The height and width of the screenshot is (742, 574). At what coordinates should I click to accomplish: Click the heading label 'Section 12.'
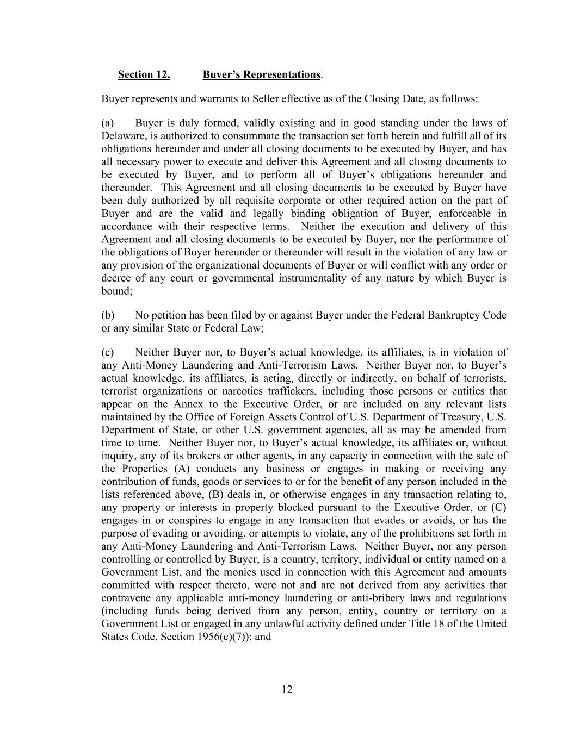coord(144,74)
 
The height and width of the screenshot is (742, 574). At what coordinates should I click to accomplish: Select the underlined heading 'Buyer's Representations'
coord(261,74)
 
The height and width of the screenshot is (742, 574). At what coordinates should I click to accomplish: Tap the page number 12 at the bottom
coord(287,689)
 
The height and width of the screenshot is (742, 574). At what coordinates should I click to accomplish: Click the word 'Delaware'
coord(120,136)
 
